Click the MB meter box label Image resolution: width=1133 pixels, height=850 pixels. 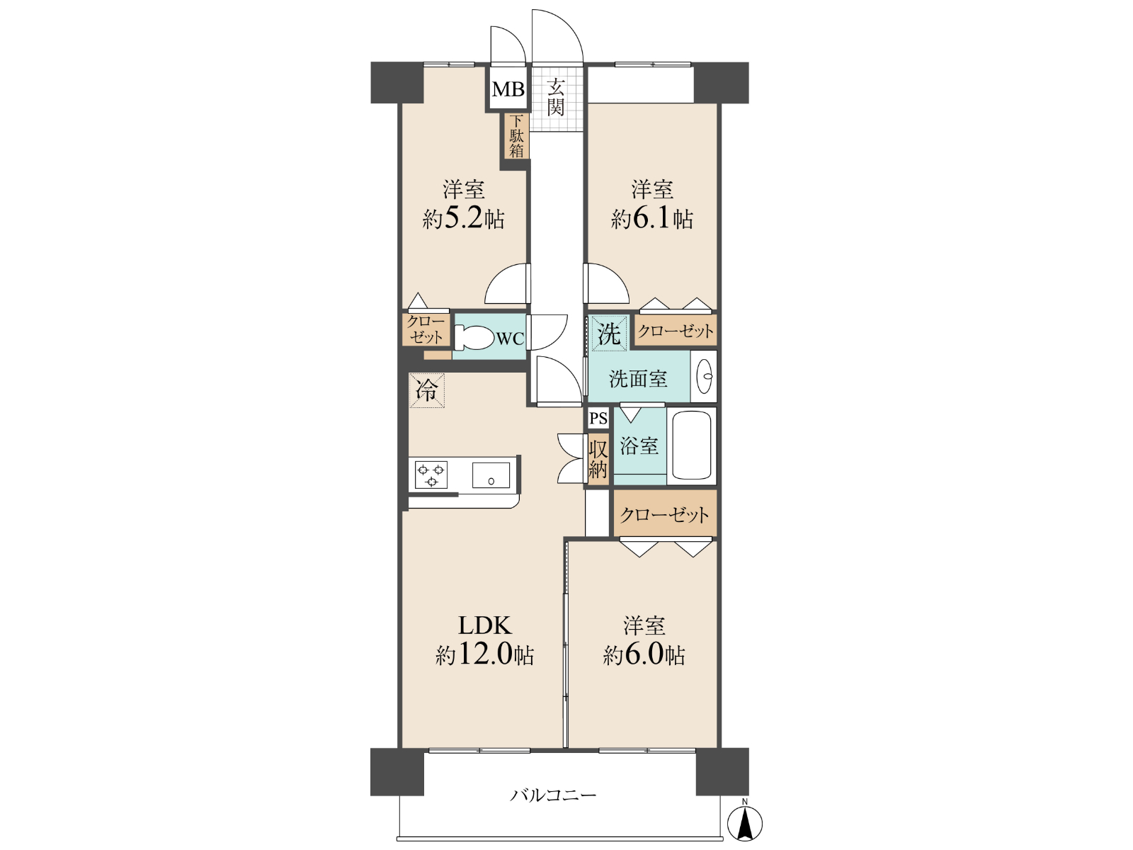click(x=508, y=89)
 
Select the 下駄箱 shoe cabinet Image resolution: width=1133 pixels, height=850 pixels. click(x=517, y=136)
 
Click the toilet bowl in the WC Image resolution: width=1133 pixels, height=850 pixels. click(x=473, y=338)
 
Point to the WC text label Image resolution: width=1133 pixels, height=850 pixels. click(x=510, y=339)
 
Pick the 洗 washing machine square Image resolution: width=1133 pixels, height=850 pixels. click(x=609, y=334)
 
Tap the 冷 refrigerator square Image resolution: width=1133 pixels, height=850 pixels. click(x=427, y=390)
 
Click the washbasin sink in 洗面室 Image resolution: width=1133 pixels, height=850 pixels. click(x=704, y=376)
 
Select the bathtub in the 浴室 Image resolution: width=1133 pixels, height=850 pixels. click(x=691, y=446)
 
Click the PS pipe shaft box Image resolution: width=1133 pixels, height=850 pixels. click(x=599, y=418)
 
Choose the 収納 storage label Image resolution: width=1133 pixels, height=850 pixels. click(x=598, y=460)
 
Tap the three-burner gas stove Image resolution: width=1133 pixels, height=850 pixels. click(x=431, y=475)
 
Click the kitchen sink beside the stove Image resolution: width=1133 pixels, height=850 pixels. click(x=491, y=475)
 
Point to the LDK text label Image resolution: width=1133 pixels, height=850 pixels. click(x=484, y=625)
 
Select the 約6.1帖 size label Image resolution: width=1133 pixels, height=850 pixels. click(x=652, y=220)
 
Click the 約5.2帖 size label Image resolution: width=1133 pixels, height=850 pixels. click(x=463, y=220)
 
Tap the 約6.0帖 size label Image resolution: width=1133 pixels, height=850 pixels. click(x=644, y=655)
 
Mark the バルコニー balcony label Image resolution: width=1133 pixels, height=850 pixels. click(x=553, y=795)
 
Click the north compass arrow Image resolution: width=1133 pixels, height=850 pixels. click(x=745, y=824)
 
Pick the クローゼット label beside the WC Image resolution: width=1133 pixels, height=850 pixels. click(x=426, y=330)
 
